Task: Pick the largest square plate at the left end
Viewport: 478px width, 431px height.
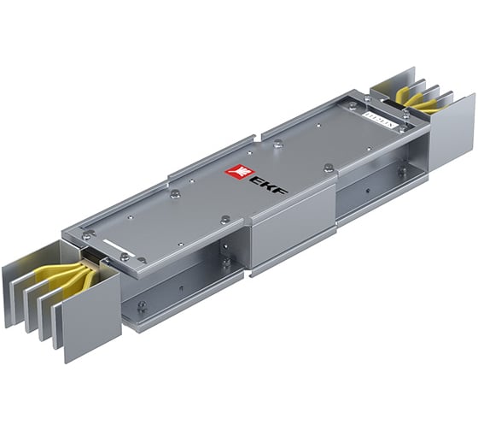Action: pyautogui.click(x=90, y=304)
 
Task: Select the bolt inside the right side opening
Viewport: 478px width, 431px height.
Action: pyautogui.click(x=401, y=170)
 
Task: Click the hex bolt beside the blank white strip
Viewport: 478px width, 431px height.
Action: pyautogui.click(x=125, y=257)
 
